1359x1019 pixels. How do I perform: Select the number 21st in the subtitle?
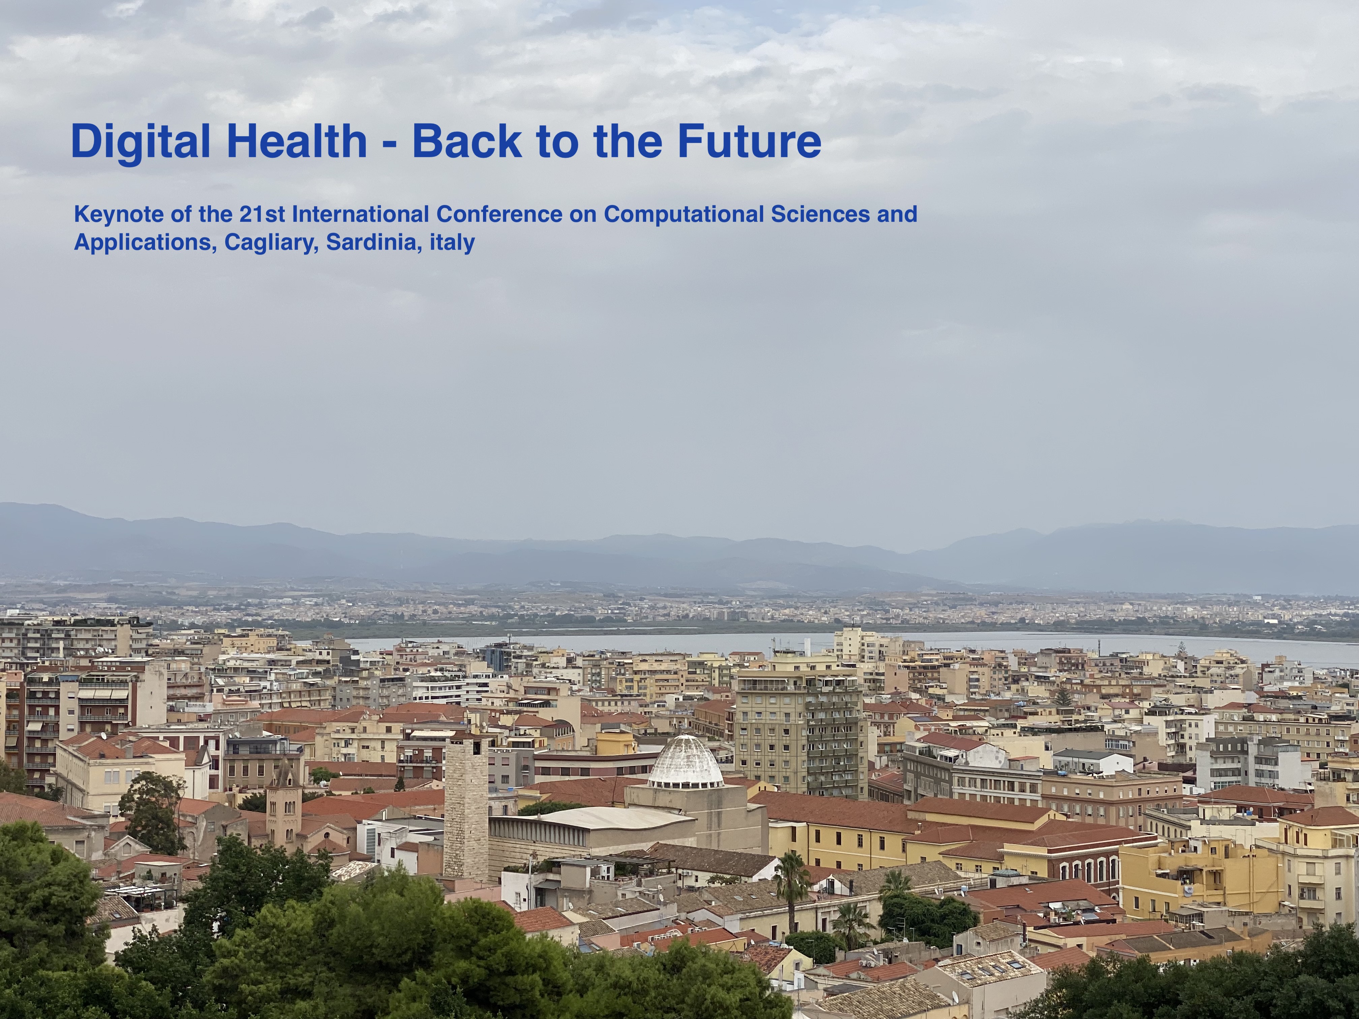pos(262,214)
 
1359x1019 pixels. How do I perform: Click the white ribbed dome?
pos(686,764)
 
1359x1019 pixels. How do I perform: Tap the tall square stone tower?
pos(466,806)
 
